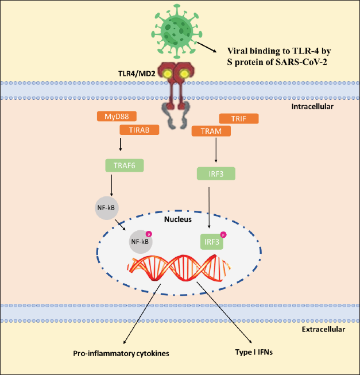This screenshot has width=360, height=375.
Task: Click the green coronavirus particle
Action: (177, 31)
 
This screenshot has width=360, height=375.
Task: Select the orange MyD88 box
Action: (117, 116)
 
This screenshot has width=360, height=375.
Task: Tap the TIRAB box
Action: (140, 130)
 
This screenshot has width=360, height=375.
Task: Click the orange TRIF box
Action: (239, 119)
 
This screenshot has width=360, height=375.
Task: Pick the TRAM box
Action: (211, 131)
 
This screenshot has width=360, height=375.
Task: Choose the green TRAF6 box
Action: (125, 165)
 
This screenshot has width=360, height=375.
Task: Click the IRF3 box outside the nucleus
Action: (216, 173)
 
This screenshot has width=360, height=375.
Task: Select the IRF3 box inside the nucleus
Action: (212, 242)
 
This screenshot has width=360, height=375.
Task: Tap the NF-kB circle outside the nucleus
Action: (107, 208)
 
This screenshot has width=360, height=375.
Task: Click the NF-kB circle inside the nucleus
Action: (141, 242)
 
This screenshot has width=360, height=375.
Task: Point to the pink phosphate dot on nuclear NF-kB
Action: (149, 234)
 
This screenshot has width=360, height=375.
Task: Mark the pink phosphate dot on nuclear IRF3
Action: (223, 235)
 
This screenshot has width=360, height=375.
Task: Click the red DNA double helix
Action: (179, 268)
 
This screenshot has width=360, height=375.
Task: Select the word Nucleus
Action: (178, 219)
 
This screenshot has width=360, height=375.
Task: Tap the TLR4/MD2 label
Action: (137, 74)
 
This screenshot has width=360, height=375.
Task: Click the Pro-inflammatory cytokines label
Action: (121, 354)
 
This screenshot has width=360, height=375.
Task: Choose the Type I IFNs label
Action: (254, 352)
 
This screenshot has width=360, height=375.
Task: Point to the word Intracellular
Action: (312, 106)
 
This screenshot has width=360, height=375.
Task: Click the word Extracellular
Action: (323, 329)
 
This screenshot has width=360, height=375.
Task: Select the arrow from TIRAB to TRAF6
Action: (120, 144)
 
